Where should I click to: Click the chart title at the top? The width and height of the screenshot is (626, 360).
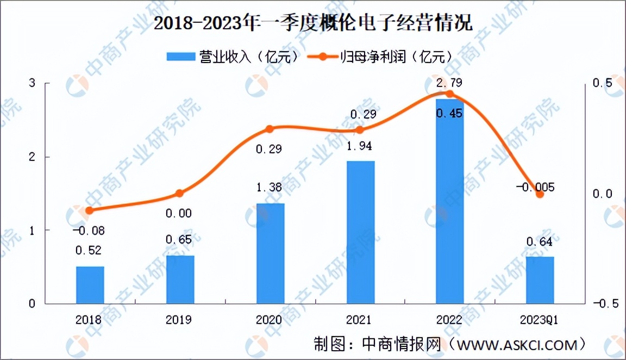(313, 24)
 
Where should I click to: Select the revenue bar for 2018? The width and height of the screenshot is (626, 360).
(90, 284)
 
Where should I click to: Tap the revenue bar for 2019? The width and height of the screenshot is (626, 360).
(180, 279)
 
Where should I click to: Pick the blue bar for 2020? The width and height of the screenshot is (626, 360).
(271, 253)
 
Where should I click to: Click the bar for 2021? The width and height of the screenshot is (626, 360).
(360, 232)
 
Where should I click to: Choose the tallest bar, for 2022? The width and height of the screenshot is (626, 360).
(450, 201)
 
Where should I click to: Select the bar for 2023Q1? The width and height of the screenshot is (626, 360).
(540, 280)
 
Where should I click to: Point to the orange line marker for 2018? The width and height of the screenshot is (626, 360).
(90, 210)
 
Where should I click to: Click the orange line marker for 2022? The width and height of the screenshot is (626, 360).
(450, 94)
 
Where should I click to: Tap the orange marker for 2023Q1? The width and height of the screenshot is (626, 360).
(540, 194)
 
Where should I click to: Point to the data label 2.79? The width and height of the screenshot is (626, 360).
(450, 83)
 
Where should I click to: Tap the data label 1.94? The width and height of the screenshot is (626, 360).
(360, 146)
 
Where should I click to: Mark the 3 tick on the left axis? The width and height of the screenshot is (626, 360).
(32, 83)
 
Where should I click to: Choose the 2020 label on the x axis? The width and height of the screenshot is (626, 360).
(270, 319)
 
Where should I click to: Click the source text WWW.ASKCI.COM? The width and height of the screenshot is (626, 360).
(517, 344)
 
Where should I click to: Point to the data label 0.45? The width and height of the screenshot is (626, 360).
(449, 113)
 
